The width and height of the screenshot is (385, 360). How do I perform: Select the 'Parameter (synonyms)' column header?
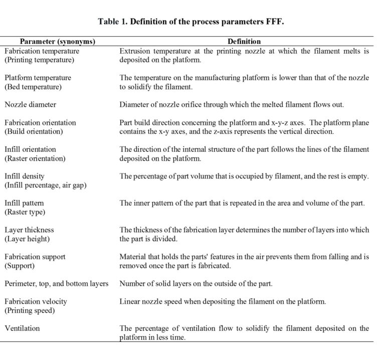(57, 42)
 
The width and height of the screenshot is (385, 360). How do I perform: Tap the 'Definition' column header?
(244, 42)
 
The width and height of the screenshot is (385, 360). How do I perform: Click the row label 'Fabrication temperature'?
(42, 51)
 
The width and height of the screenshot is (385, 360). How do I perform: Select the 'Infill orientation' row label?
(30, 149)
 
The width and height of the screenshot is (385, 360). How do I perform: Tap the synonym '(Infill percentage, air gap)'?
(46, 185)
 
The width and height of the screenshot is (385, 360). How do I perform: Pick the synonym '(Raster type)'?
(25, 212)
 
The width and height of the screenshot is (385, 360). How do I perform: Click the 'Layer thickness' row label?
(29, 230)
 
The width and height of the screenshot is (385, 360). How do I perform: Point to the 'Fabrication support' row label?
(35, 257)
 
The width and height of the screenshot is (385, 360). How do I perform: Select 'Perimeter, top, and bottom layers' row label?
(56, 284)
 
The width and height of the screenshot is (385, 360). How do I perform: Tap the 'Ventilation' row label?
(22, 328)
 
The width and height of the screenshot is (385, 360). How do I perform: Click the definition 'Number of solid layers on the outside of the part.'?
(196, 284)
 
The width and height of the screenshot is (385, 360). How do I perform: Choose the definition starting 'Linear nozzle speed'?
(223, 302)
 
